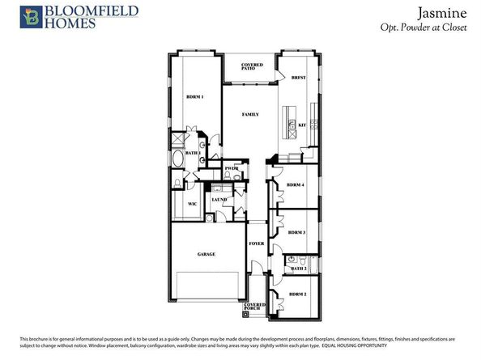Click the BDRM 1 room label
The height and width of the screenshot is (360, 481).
[194, 98]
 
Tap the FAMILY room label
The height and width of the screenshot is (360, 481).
[251, 115]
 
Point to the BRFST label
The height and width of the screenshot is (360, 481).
[298, 78]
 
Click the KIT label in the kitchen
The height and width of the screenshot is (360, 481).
[302, 125]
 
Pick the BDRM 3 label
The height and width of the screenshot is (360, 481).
[297, 232]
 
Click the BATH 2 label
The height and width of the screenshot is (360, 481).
[299, 269]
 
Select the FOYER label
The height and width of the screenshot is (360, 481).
[257, 243]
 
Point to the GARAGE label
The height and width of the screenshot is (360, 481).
[206, 255]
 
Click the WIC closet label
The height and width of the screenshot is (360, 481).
[193, 204]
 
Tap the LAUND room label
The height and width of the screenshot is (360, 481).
[219, 199]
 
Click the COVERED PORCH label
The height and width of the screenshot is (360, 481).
[255, 307]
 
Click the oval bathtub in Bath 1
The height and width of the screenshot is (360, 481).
[178, 158]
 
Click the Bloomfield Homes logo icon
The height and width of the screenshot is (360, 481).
[12, 16]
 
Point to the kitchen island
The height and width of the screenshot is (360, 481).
[289, 121]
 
